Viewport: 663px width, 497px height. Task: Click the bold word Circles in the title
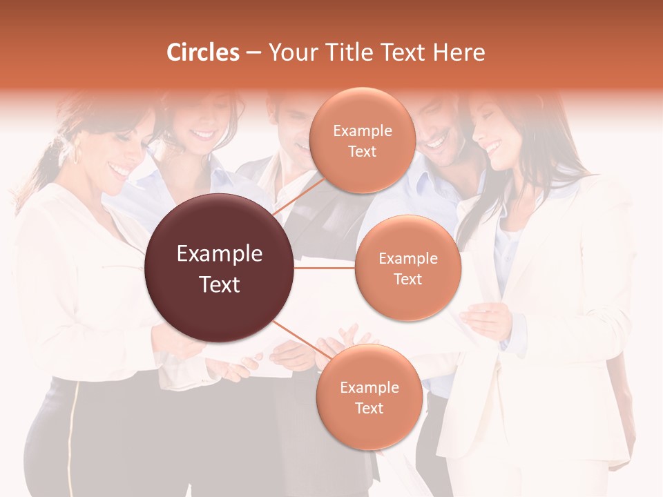pyautogui.click(x=202, y=52)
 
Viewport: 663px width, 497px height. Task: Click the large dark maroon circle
pyautogui.click(x=219, y=268)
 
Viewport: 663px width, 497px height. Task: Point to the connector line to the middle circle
pyautogui.click(x=325, y=268)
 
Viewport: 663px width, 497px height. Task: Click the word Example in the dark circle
pyautogui.click(x=220, y=254)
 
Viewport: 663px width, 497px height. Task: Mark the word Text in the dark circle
pyautogui.click(x=220, y=284)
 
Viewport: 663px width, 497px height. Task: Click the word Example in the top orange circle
pyautogui.click(x=363, y=131)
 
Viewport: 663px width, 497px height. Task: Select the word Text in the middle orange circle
pyautogui.click(x=407, y=279)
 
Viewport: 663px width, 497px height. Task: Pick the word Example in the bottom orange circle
pyautogui.click(x=369, y=388)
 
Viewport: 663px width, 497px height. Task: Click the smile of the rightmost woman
pyautogui.click(x=492, y=147)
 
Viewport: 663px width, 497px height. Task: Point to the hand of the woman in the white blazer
pyautogui.click(x=487, y=320)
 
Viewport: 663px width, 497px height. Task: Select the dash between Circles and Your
pyautogui.click(x=253, y=53)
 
